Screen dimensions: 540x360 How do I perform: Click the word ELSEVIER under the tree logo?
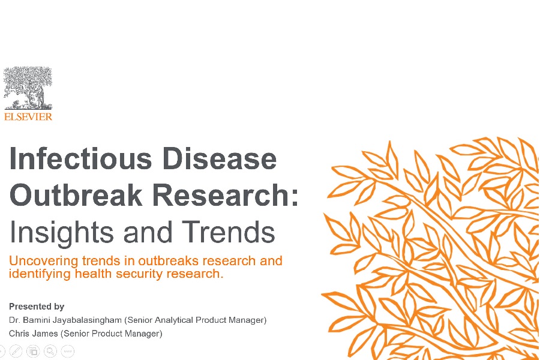pyautogui.click(x=28, y=117)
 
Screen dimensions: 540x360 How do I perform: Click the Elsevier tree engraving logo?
pyautogui.click(x=28, y=89)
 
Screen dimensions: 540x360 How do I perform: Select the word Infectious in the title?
pyautogui.click(x=80, y=159)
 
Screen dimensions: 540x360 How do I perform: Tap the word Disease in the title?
pyautogui.click(x=220, y=159)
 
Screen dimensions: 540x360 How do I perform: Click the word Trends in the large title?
pyautogui.click(x=229, y=232)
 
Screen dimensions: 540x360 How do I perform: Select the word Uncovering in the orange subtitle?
pyautogui.click(x=43, y=261)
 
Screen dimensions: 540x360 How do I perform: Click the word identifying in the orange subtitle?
pyautogui.click(x=40, y=274)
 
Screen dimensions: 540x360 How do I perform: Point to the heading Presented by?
pyautogui.click(x=37, y=307)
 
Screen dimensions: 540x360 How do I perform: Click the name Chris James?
pyautogui.click(x=34, y=334)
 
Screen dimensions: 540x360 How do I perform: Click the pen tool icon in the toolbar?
pyautogui.click(x=16, y=351)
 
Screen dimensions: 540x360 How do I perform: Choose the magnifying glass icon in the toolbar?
pyautogui.click(x=50, y=351)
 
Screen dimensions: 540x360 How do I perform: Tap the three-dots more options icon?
pyautogui.click(x=68, y=351)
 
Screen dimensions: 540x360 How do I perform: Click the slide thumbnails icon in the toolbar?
pyautogui.click(x=33, y=351)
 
